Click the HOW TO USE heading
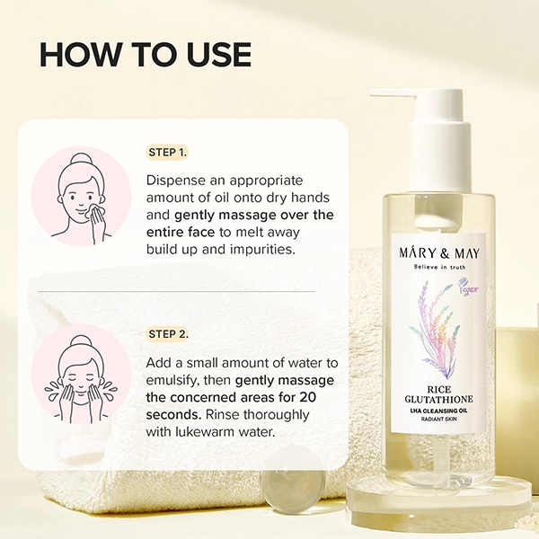(x=146, y=55)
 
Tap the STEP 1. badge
(x=168, y=153)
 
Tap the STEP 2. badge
(x=168, y=334)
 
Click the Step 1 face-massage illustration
(x=81, y=196)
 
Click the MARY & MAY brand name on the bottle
(x=439, y=252)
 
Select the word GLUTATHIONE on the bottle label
(x=439, y=399)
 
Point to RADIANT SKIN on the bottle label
(x=439, y=419)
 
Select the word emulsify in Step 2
(x=172, y=381)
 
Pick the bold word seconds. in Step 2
(x=173, y=415)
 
